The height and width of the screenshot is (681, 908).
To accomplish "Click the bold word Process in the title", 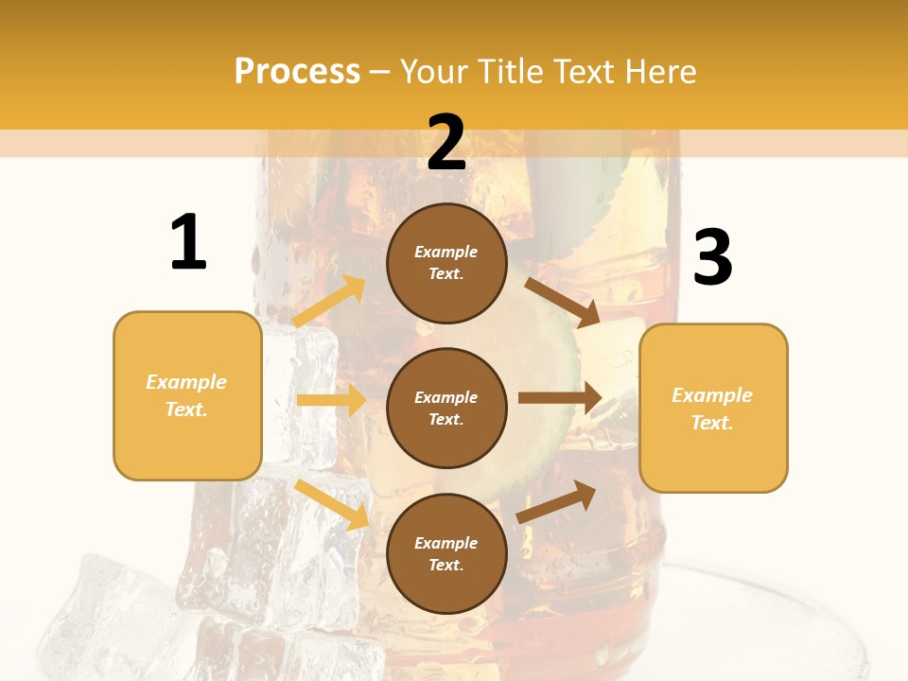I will click(x=297, y=72).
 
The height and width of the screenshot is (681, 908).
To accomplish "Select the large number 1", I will click(x=188, y=243).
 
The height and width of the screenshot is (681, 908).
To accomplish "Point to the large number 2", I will click(x=446, y=143).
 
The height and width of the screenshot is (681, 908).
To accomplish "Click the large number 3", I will click(x=712, y=258).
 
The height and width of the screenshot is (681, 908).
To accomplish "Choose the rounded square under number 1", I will click(x=187, y=395).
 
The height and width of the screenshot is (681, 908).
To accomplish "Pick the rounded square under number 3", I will click(x=713, y=408).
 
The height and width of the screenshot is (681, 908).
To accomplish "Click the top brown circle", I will click(x=446, y=263).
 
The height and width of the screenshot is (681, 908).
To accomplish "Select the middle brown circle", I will click(x=446, y=408).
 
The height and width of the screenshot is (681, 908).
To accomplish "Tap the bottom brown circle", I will click(x=446, y=553).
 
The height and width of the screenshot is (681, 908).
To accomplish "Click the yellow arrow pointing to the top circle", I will click(x=329, y=302).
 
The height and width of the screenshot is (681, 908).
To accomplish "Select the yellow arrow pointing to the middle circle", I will click(x=331, y=400).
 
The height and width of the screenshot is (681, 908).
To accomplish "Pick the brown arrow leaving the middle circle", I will click(x=560, y=398).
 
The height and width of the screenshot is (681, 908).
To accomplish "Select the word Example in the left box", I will click(x=186, y=382).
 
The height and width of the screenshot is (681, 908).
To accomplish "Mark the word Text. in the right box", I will click(x=712, y=423).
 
